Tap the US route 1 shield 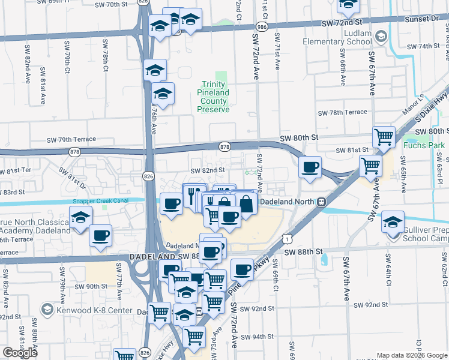[x=289, y=239]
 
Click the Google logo [x=20, y=353]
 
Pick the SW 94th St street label [x=262, y=337]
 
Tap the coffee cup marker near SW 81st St [x=310, y=167]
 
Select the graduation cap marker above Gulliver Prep [x=393, y=222]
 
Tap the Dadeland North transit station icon [x=321, y=202]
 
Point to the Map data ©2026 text [x=399, y=355]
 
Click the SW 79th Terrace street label [x=71, y=139]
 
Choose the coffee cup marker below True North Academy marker [x=101, y=235]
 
